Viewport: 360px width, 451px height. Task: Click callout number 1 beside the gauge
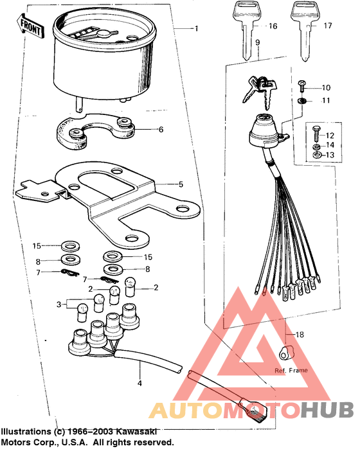[197, 28]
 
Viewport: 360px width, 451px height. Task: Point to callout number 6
[161, 129]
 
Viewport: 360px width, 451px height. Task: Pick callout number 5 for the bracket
[181, 184]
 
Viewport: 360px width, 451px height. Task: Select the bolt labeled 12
[316, 136]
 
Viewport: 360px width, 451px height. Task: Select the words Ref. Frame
[291, 371]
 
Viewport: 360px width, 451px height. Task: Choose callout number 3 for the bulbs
[59, 303]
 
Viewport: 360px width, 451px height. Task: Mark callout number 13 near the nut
[329, 155]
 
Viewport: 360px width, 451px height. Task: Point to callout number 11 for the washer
[325, 101]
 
